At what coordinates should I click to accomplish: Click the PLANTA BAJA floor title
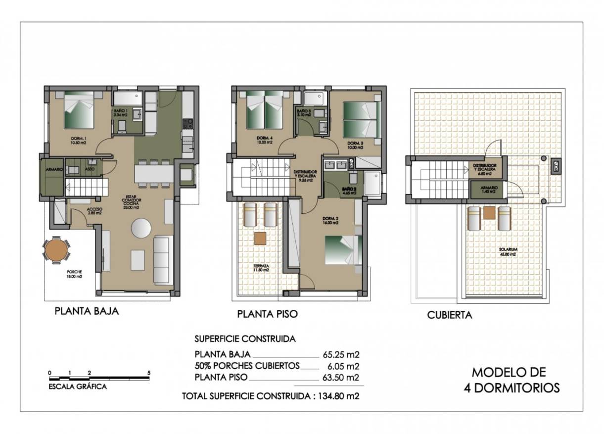(x=87, y=312)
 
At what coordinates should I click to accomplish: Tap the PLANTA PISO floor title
(x=267, y=314)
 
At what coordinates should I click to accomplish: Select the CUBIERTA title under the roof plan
(x=450, y=315)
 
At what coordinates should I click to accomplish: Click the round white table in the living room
(x=142, y=228)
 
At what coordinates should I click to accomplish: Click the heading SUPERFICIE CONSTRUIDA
(x=245, y=339)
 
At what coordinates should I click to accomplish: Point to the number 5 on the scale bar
(x=148, y=373)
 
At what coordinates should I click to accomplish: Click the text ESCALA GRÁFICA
(x=77, y=386)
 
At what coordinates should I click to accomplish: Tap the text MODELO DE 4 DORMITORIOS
(x=511, y=380)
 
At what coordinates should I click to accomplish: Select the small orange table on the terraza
(x=260, y=238)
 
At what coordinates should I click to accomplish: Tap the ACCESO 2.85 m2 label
(x=94, y=211)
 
